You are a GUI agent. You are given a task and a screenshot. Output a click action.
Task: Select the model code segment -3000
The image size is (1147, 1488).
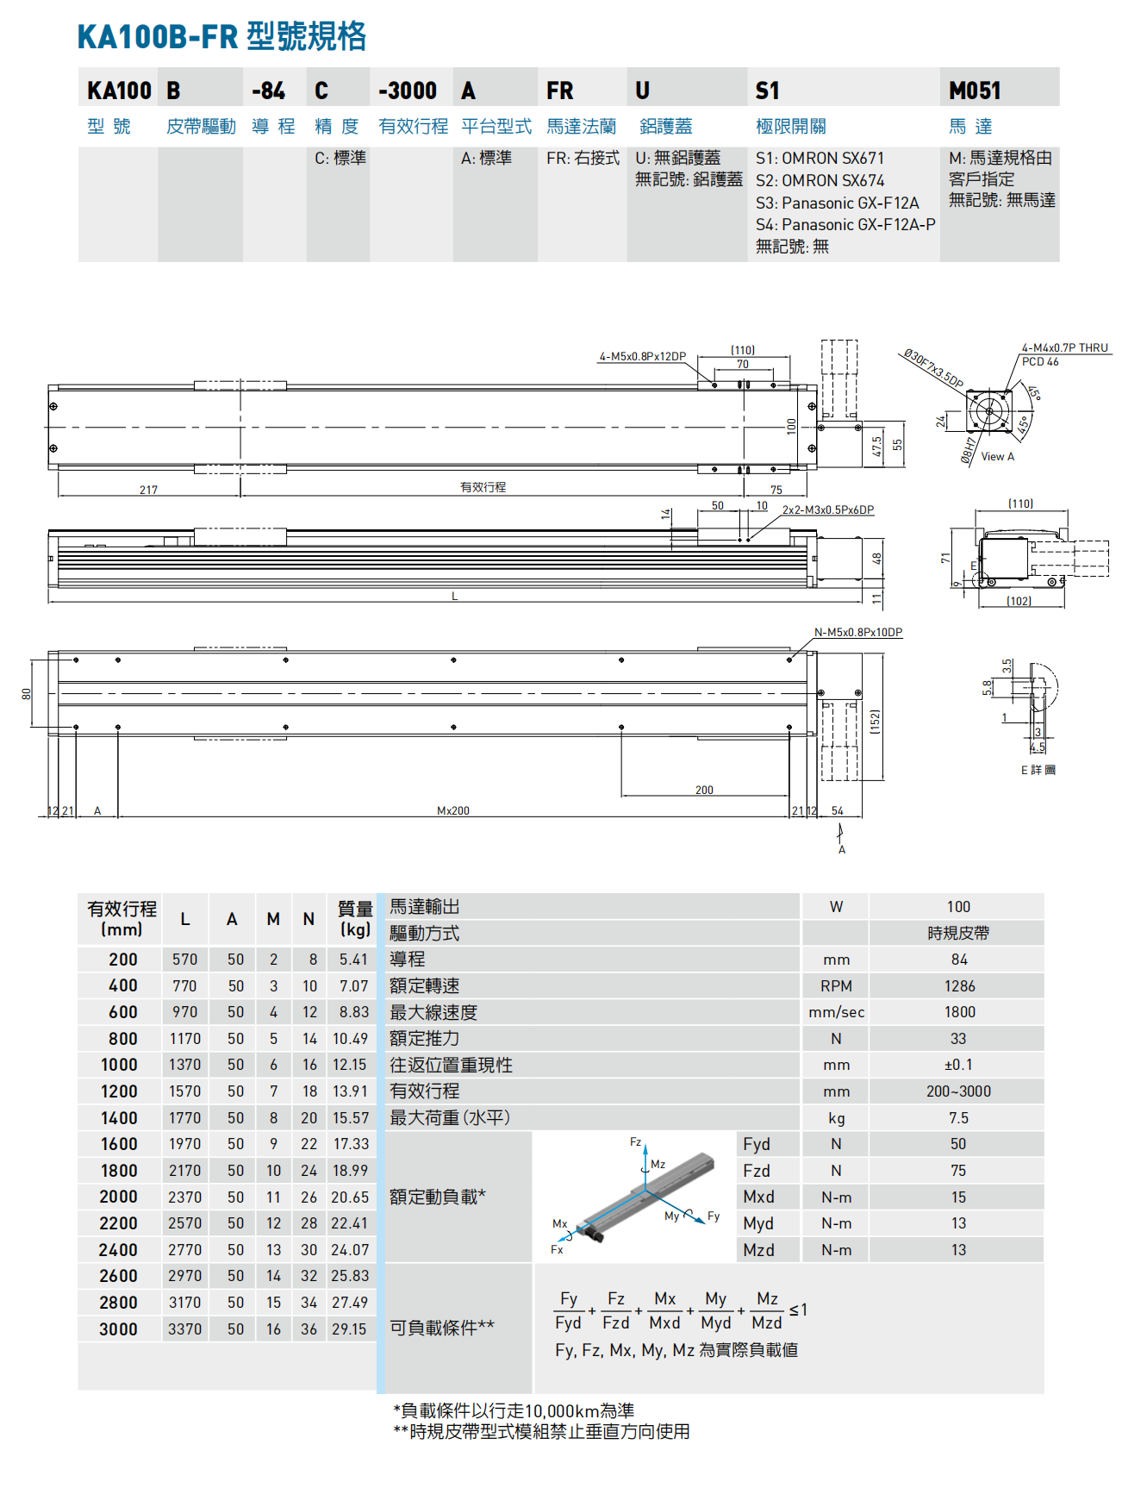(x=408, y=91)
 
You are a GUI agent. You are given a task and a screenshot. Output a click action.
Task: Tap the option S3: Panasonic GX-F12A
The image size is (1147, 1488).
(x=837, y=203)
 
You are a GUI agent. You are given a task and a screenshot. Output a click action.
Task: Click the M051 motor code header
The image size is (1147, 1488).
(x=975, y=91)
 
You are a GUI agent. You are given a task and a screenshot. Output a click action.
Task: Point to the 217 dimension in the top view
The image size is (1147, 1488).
(x=148, y=490)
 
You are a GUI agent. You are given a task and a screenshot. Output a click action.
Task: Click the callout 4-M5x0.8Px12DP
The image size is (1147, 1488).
(x=642, y=356)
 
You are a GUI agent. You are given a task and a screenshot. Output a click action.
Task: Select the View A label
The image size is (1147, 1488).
(x=997, y=457)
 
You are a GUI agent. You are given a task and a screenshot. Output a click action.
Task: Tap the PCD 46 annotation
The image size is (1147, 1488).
(x=1040, y=362)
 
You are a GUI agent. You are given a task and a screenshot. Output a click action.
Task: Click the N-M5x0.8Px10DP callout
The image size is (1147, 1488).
(x=858, y=632)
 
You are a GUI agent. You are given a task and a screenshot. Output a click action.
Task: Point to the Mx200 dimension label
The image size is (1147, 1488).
(x=453, y=810)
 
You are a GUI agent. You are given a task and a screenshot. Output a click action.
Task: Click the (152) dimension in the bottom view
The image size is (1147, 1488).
(x=875, y=722)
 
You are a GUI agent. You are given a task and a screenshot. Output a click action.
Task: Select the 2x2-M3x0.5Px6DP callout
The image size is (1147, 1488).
(x=827, y=510)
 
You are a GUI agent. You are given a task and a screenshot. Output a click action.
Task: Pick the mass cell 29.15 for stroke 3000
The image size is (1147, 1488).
(x=349, y=1329)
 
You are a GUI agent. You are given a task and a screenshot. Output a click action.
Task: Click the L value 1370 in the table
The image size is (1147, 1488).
(x=184, y=1065)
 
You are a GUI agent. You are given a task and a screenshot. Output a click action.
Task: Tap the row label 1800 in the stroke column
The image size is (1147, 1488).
(x=119, y=1171)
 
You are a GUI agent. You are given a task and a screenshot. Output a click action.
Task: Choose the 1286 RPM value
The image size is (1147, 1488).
(x=958, y=986)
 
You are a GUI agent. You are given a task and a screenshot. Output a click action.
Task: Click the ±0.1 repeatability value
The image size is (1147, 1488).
(x=958, y=1065)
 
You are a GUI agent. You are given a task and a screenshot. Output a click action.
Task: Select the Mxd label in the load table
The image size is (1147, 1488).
(x=758, y=1197)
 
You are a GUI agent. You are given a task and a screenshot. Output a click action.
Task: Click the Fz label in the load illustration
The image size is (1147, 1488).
(x=635, y=1141)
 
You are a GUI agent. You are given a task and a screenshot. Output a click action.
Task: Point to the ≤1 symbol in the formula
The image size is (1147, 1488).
(x=798, y=1310)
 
